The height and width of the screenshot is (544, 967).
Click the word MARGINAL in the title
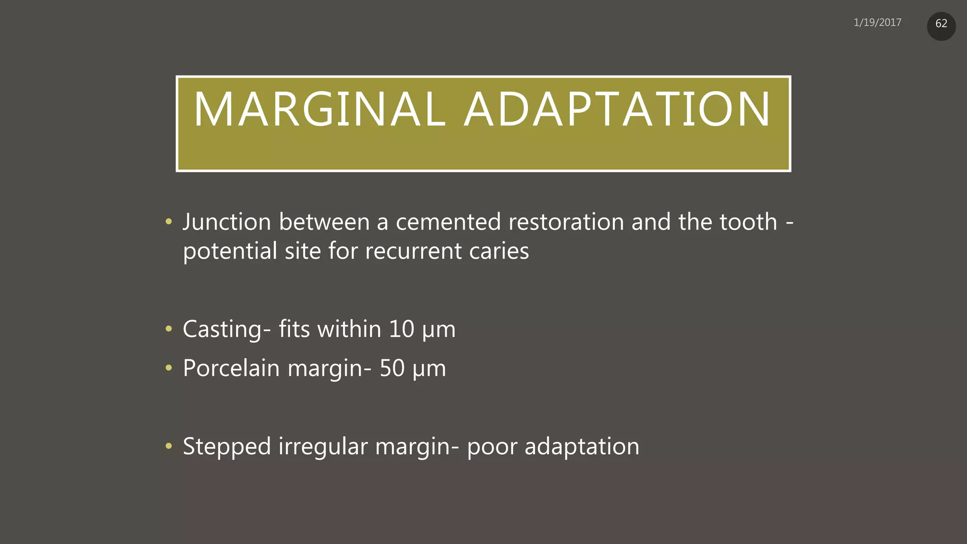click(x=320, y=110)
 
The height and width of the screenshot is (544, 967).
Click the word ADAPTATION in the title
click(x=617, y=110)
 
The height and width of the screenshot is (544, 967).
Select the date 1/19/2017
click(x=877, y=23)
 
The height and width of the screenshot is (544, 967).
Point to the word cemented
click(x=448, y=222)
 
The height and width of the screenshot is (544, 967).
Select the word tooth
click(x=748, y=222)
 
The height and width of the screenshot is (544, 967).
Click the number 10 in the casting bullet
click(x=401, y=329)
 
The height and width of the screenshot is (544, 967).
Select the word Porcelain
click(x=231, y=368)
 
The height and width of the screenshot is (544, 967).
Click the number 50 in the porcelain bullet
click(x=392, y=368)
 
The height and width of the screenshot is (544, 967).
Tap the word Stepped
click(x=227, y=447)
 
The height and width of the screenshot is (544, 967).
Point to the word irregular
click(x=323, y=447)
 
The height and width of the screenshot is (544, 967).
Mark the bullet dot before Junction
click(x=169, y=221)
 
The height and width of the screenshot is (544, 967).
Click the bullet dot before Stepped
click(x=169, y=446)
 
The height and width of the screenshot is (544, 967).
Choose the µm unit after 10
click(x=439, y=331)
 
